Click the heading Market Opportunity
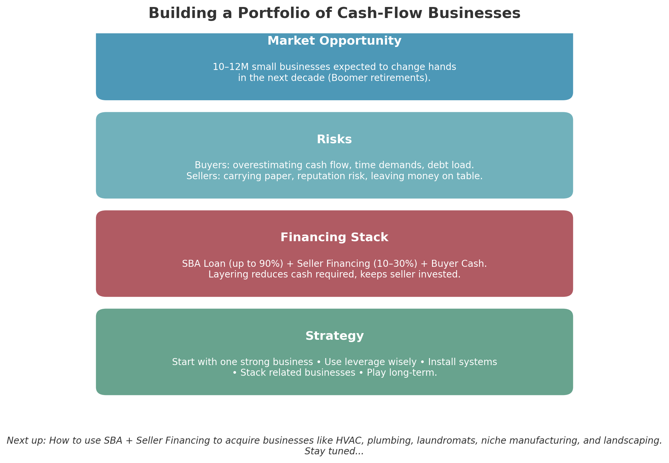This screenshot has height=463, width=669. pyautogui.click(x=334, y=41)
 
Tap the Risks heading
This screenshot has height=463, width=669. pyautogui.click(x=334, y=140)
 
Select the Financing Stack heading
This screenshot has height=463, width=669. pyautogui.click(x=334, y=237)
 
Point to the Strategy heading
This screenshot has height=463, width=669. pyautogui.click(x=334, y=336)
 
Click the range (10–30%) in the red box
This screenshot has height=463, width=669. pyautogui.click(x=395, y=264)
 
